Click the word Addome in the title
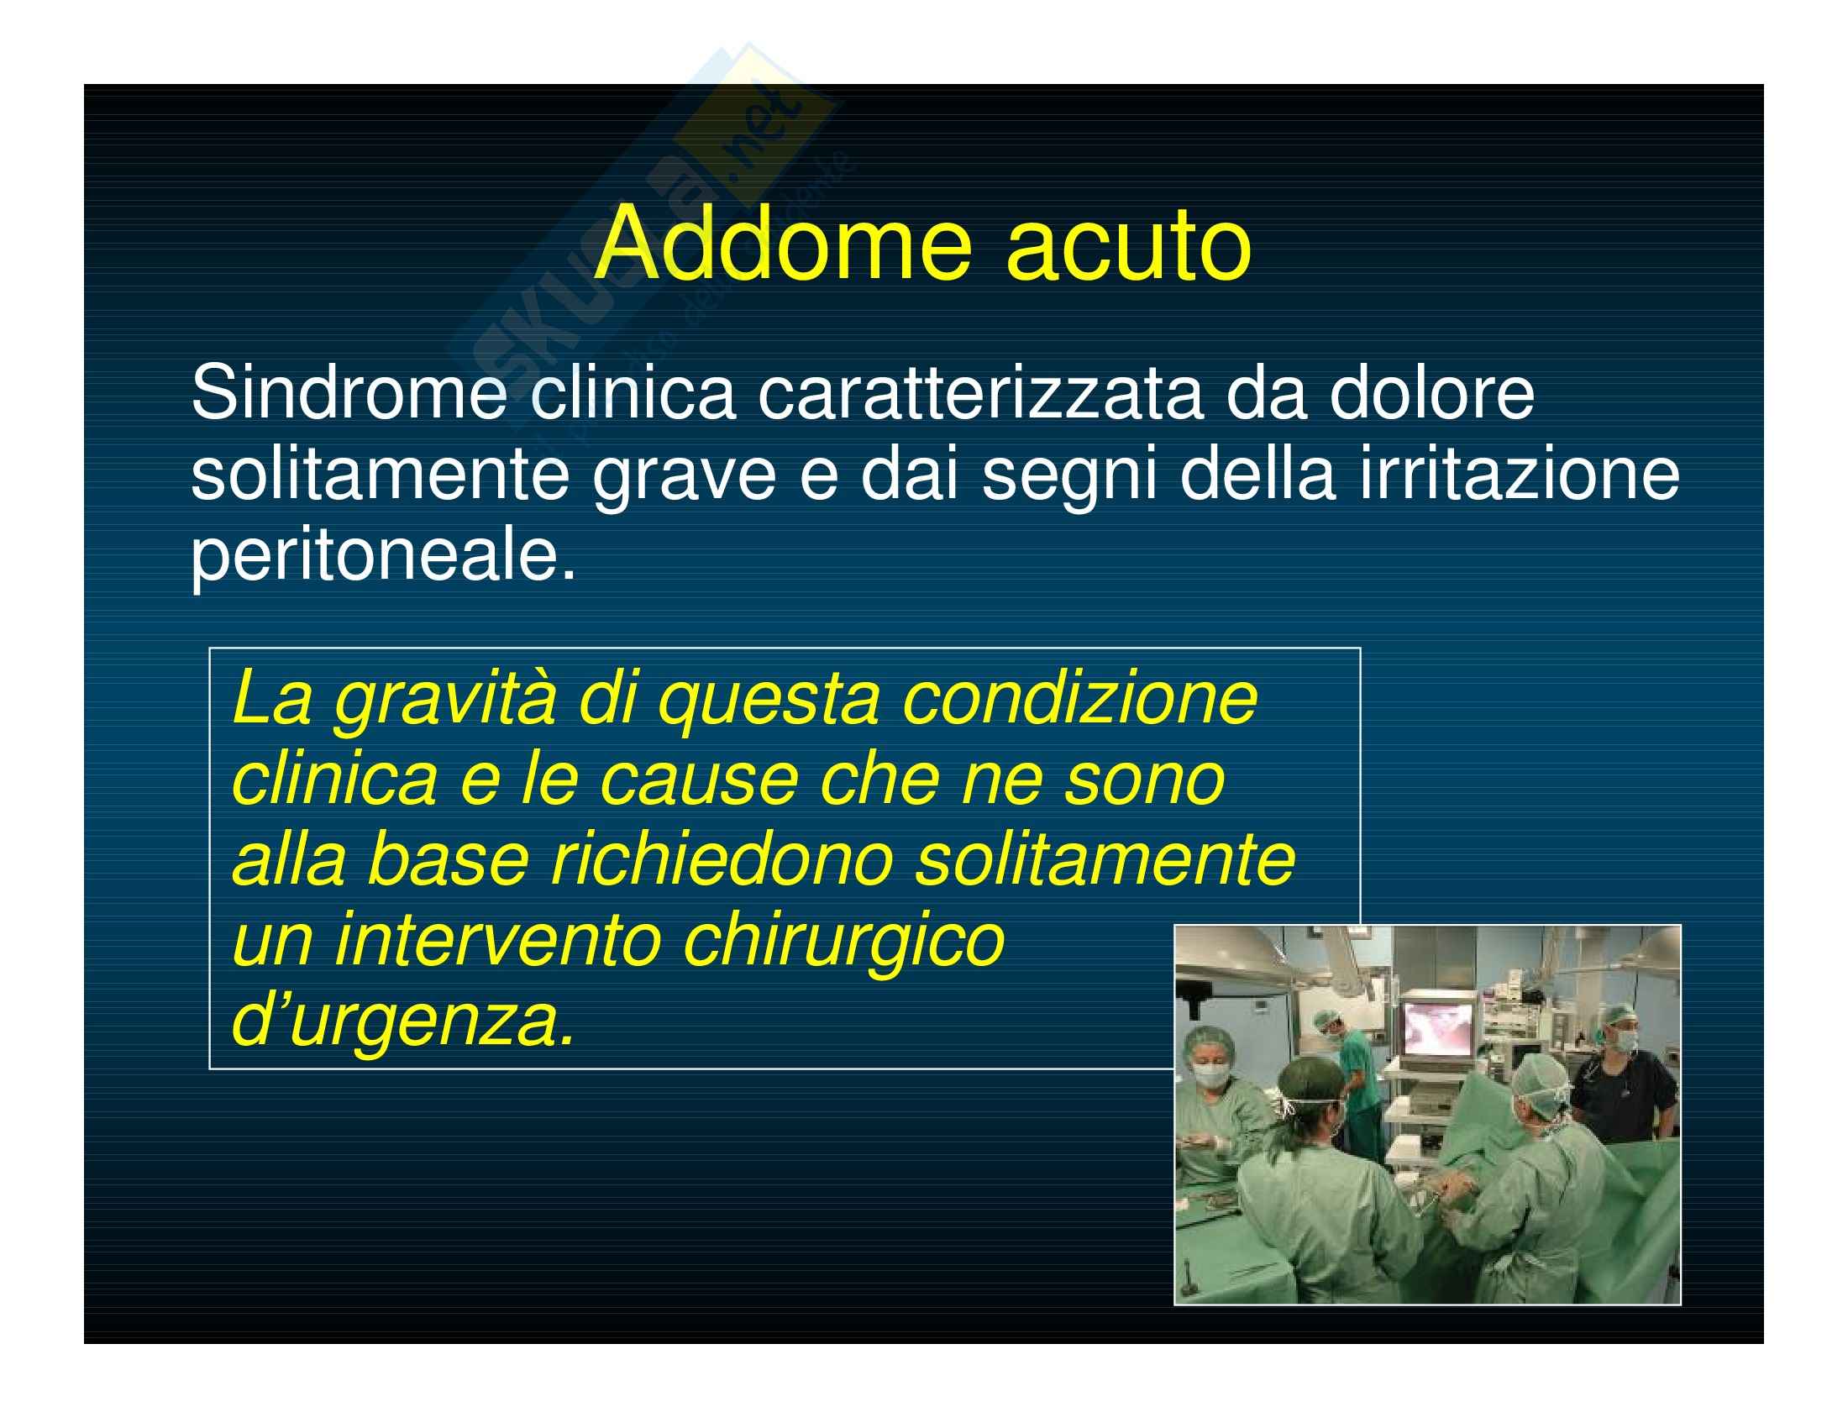[x=784, y=244]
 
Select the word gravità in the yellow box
[x=445, y=702]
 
